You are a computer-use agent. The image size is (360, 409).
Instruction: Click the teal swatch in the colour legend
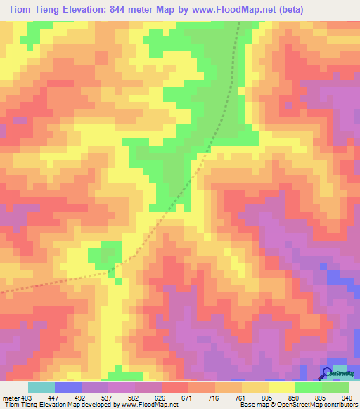pyautogui.click(x=41, y=387)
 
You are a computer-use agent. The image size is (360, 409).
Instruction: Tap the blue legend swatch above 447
pyautogui.click(x=68, y=387)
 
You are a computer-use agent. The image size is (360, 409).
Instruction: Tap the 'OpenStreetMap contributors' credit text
pyautogui.click(x=314, y=405)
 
